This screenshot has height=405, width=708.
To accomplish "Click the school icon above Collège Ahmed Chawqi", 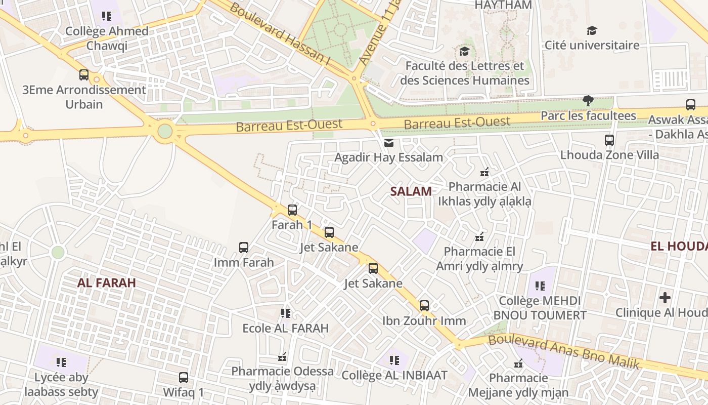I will [x=106, y=16].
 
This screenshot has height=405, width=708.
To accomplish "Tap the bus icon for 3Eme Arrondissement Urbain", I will [x=84, y=75].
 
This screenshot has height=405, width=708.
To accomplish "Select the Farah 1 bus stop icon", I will [x=292, y=210].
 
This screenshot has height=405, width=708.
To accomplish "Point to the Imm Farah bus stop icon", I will [x=244, y=248].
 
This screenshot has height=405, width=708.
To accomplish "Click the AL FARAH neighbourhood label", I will [x=107, y=283].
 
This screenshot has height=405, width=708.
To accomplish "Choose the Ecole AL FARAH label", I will [x=286, y=328].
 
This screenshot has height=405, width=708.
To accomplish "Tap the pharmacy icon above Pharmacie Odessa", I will [x=282, y=357].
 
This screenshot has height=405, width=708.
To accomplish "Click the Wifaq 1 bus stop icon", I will [x=184, y=378].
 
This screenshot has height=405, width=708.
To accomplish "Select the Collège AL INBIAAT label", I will [x=394, y=375].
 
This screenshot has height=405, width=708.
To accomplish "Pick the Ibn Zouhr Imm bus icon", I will [x=424, y=306].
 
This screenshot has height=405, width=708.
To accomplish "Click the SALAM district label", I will [x=411, y=191].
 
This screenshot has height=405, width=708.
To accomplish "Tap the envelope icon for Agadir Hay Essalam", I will [x=388, y=143].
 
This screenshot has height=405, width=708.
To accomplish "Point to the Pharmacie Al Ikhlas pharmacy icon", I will [x=484, y=172].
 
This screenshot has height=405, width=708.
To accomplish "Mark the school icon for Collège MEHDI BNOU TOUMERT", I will [x=540, y=286].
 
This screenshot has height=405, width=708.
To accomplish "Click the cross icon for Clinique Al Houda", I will [x=665, y=298].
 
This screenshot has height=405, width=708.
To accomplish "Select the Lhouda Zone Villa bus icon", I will [x=609, y=140].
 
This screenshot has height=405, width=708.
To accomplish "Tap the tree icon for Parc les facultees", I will [x=588, y=101].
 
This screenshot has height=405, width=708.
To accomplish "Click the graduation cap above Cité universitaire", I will [x=592, y=30].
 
